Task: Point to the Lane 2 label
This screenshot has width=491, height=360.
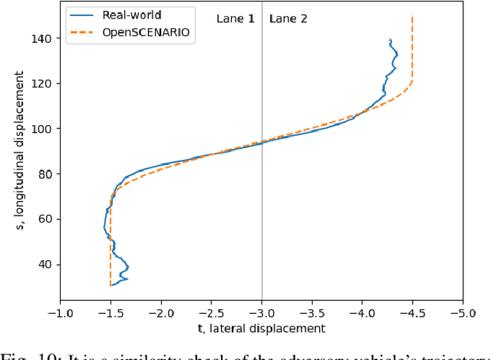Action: coord(288,18)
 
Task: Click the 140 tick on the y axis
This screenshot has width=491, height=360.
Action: coord(46,38)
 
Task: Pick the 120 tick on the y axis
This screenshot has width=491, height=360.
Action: coord(46,83)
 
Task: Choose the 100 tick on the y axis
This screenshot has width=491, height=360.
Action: coord(46,128)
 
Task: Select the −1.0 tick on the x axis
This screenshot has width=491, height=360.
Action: coord(60,313)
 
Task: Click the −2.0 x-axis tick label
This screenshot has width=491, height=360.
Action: coord(160,313)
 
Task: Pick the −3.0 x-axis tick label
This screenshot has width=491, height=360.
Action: coord(262,313)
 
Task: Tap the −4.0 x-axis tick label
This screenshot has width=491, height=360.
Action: coord(362,313)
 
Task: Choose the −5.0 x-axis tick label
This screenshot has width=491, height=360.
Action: coord(463,313)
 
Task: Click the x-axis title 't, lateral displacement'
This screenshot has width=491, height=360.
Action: coord(262,329)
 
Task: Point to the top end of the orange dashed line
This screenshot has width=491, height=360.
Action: coord(412,15)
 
